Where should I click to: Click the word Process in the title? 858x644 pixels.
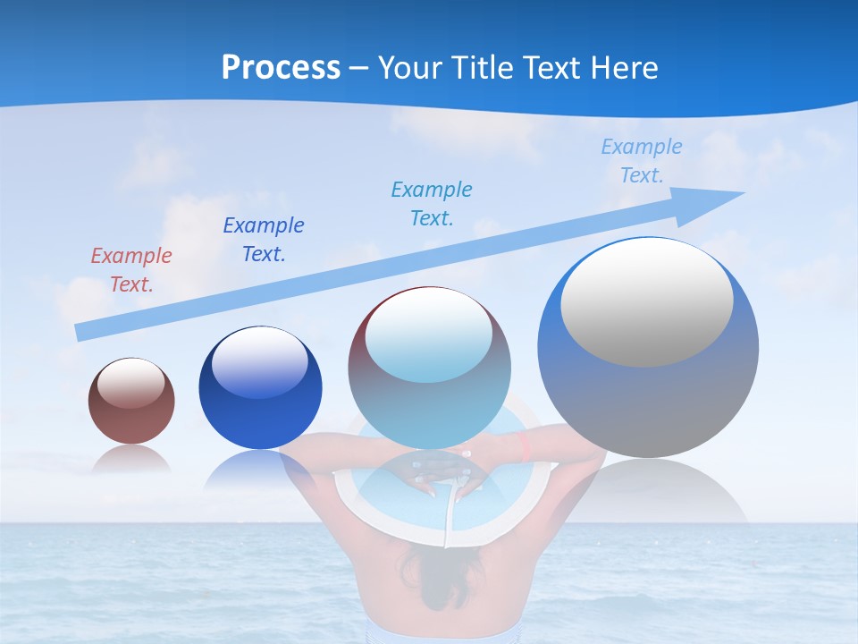(x=281, y=68)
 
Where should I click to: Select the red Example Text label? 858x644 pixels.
(x=131, y=270)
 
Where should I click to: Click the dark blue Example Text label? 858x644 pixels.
(x=264, y=240)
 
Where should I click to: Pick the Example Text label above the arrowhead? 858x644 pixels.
(x=641, y=161)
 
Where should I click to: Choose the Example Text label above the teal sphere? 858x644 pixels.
(x=432, y=204)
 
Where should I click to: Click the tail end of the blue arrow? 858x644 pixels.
(x=82, y=332)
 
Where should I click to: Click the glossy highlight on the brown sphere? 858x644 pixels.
(x=131, y=383)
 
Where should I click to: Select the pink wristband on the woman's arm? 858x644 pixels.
(x=525, y=446)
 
